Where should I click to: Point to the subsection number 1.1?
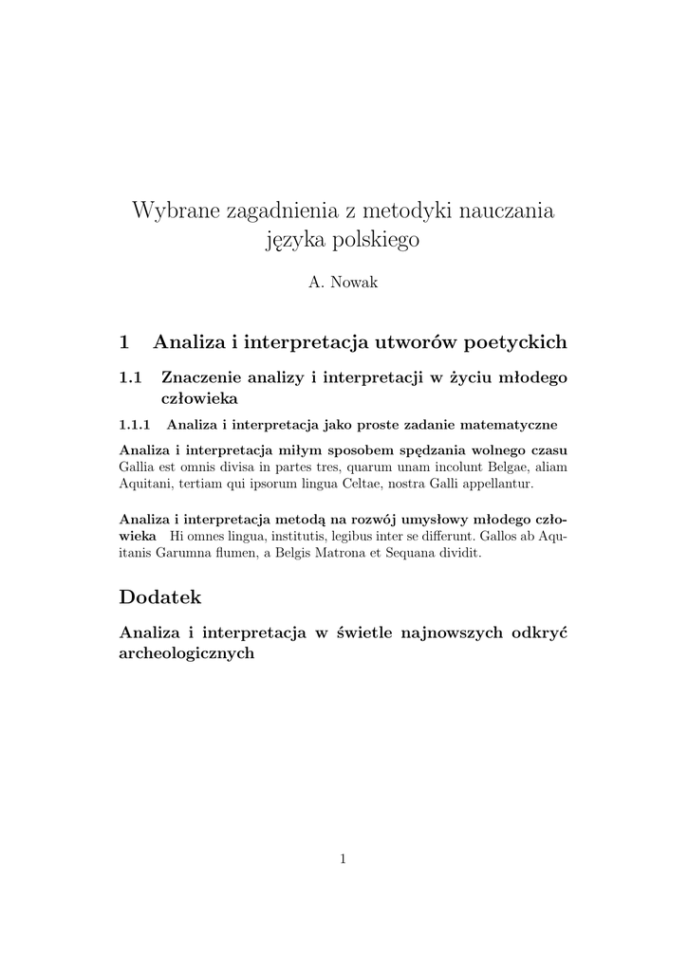click(x=131, y=377)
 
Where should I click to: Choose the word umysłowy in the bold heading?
click(x=427, y=520)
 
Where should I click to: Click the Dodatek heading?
click(x=160, y=597)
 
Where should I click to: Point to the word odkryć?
click(x=539, y=632)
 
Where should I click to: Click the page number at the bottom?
click(x=344, y=859)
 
